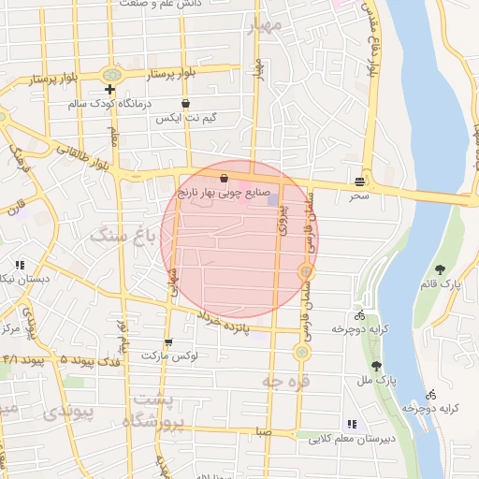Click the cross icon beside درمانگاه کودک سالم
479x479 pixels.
[x=110, y=90]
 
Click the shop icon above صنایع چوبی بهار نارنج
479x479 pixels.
[x=225, y=178]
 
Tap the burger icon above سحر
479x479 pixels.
[x=360, y=181]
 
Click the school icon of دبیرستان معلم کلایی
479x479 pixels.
[x=351, y=423]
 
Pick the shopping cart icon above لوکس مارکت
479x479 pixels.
[x=168, y=341]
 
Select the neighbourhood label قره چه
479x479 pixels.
[x=284, y=383]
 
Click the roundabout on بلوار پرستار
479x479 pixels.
[x=113, y=74]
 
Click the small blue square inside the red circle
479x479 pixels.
[x=272, y=199]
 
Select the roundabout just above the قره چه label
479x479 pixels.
[x=302, y=353]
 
